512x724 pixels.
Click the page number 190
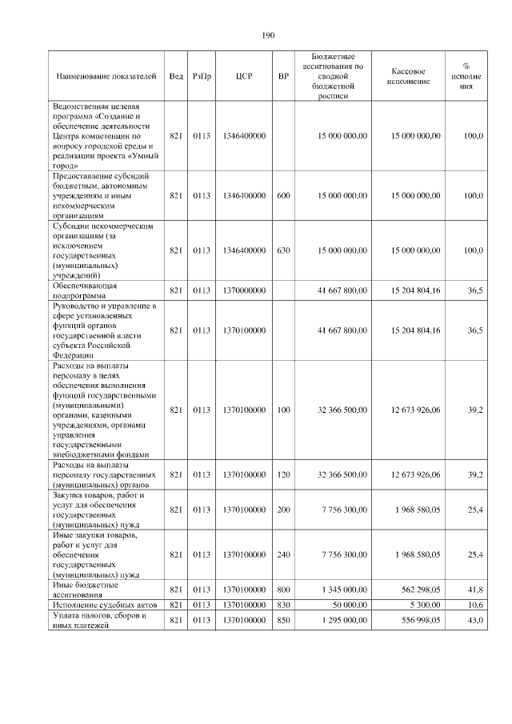[x=268, y=35]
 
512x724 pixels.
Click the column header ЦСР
[x=244, y=76]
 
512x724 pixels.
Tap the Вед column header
[x=176, y=76]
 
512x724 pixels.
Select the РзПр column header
[x=202, y=76]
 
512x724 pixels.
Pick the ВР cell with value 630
[x=283, y=250]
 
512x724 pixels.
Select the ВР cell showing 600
[x=283, y=195]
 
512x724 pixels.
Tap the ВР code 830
[x=283, y=605]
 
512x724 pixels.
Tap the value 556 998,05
[x=416, y=621]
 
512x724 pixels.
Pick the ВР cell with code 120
[x=283, y=474]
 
